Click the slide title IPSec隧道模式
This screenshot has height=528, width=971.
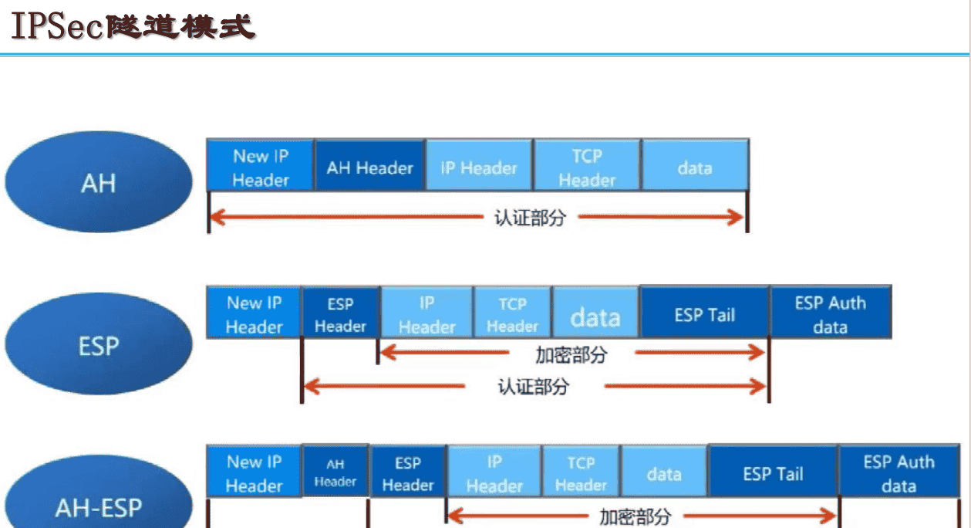point(132,26)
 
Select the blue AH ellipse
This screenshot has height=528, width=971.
point(98,183)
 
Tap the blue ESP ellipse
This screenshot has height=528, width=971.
point(98,345)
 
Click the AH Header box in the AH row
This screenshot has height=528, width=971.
point(369,167)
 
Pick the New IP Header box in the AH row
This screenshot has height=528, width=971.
point(260,167)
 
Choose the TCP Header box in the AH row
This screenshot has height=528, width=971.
point(586,167)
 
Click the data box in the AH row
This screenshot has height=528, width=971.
point(694,167)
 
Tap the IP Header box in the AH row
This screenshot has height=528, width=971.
point(478,167)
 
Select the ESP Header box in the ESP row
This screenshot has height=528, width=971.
point(340,314)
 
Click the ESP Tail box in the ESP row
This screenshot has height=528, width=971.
point(704,314)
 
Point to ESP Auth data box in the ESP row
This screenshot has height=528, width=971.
point(830,314)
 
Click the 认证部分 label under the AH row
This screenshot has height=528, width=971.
point(529,218)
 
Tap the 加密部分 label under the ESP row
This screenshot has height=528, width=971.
point(571,354)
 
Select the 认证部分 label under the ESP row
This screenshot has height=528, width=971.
point(532,386)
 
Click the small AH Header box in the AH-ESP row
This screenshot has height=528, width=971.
point(335,472)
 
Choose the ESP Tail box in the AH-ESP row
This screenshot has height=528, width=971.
point(773,472)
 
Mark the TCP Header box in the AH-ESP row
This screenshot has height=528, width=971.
point(581,472)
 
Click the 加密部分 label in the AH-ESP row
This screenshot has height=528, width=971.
point(635,516)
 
